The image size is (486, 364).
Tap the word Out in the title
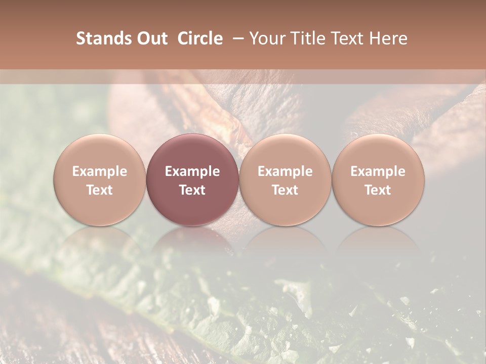click(x=150, y=38)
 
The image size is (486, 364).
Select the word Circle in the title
click(x=200, y=38)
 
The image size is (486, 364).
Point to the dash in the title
click(x=236, y=38)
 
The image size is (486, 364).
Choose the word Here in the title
click(x=389, y=38)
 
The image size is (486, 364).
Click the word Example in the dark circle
click(x=192, y=171)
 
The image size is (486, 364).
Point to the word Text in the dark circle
click(x=192, y=190)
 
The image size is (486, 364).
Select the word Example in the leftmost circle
click(x=100, y=171)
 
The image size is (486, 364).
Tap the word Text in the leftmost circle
click(x=100, y=190)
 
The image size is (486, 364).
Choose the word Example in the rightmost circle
click(x=378, y=171)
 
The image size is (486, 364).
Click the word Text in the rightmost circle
click(x=378, y=190)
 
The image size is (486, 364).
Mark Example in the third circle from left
click(x=285, y=171)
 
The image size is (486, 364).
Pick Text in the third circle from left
click(x=285, y=190)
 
